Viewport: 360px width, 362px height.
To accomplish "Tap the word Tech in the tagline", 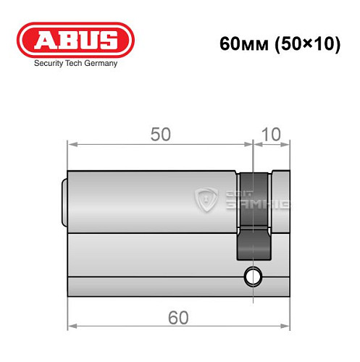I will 79,64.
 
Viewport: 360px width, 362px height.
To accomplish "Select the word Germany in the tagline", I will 103,64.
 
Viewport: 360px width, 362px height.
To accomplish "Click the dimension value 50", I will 160,135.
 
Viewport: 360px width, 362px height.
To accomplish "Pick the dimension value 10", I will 271,135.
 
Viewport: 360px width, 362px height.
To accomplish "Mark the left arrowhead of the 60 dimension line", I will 71,327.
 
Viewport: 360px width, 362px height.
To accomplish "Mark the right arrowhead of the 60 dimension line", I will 286,327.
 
